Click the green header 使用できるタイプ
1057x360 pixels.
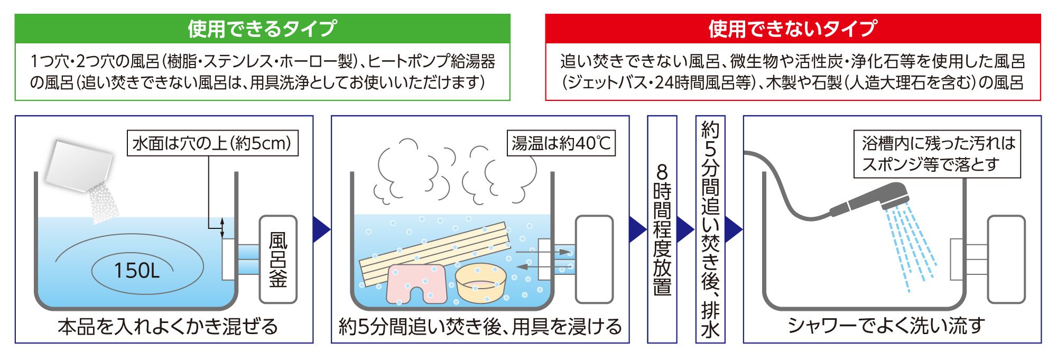pyautogui.click(x=262, y=29)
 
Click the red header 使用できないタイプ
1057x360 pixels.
pyautogui.click(x=793, y=29)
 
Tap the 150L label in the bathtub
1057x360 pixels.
pyautogui.click(x=137, y=271)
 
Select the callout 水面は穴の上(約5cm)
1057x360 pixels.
pyautogui.click(x=212, y=143)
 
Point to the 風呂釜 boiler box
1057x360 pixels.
pyautogui.click(x=278, y=259)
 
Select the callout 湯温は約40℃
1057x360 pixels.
pyautogui.click(x=561, y=143)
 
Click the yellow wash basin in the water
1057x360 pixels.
pyautogui.click(x=480, y=283)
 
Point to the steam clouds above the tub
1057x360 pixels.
pyautogui.click(x=455, y=172)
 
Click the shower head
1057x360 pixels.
pyautogui.click(x=872, y=198)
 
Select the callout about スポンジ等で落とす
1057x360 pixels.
pyautogui.click(x=937, y=154)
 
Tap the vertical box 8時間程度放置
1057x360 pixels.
pyautogui.click(x=662, y=229)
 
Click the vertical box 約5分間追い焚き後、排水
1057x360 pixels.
pyautogui.click(x=710, y=229)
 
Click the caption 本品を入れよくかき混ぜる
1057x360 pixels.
pyautogui.click(x=168, y=327)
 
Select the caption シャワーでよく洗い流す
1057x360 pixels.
pyautogui.click(x=886, y=326)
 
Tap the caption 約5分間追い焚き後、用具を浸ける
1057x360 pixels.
pyautogui.click(x=480, y=327)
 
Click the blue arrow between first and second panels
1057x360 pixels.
pyautogui.click(x=321, y=229)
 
